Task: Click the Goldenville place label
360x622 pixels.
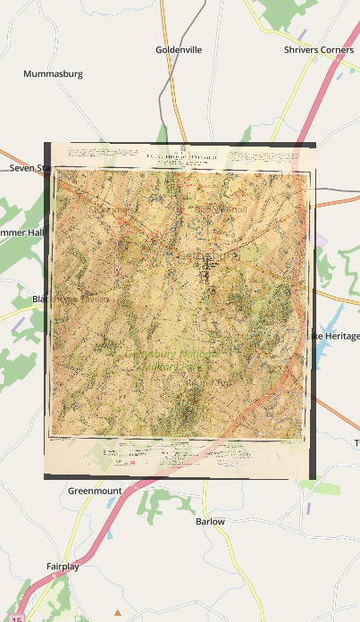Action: [181, 50]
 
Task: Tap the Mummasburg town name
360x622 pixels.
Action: [53, 74]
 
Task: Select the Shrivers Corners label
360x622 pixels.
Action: [318, 50]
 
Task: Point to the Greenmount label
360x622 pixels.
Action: [94, 491]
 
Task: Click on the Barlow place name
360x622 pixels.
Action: [210, 521]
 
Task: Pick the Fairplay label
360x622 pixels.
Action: [63, 567]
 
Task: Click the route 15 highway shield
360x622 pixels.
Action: [17, 618]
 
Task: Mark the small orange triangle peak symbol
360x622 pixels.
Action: [118, 612]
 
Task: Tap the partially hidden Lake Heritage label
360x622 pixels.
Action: [336, 336]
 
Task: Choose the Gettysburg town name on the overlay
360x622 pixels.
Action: [211, 256]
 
